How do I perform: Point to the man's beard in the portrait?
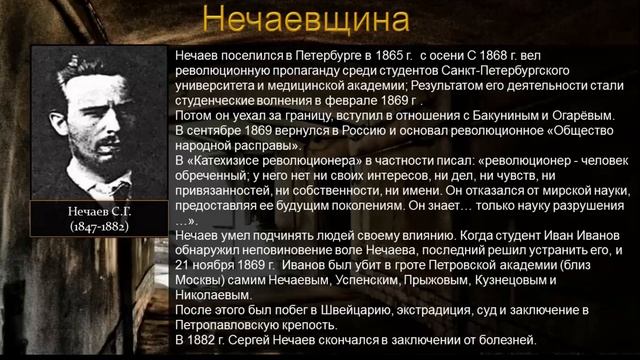coord(95,165)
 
